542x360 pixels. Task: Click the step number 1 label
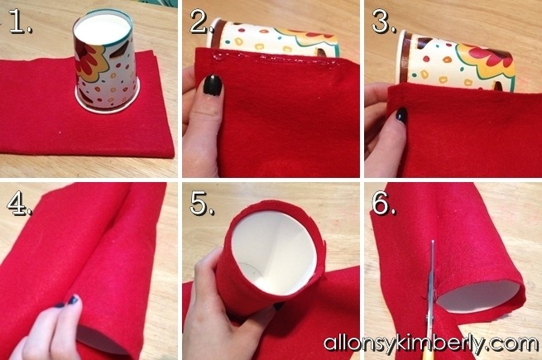[x=20, y=22]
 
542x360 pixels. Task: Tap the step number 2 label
[x=201, y=22]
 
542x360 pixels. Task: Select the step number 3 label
[x=384, y=22]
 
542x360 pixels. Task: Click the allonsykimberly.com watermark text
[x=430, y=343]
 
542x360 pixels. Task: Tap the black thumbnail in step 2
[x=212, y=84]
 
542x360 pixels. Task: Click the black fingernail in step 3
[x=401, y=115]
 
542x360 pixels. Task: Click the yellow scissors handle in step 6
[x=426, y=353]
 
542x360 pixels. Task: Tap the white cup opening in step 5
[x=274, y=252]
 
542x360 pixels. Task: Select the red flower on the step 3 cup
[x=493, y=55]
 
